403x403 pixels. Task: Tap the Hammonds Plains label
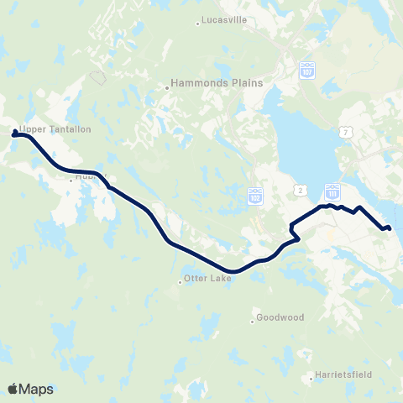[x=217, y=83]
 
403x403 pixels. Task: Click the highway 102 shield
[x=255, y=196]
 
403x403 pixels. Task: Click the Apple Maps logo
[x=30, y=389]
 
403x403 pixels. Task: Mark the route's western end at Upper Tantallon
[x=15, y=132]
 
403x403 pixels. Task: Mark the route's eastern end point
[x=389, y=227]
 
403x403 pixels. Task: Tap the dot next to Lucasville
[x=197, y=23]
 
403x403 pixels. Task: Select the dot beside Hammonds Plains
[x=166, y=83]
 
